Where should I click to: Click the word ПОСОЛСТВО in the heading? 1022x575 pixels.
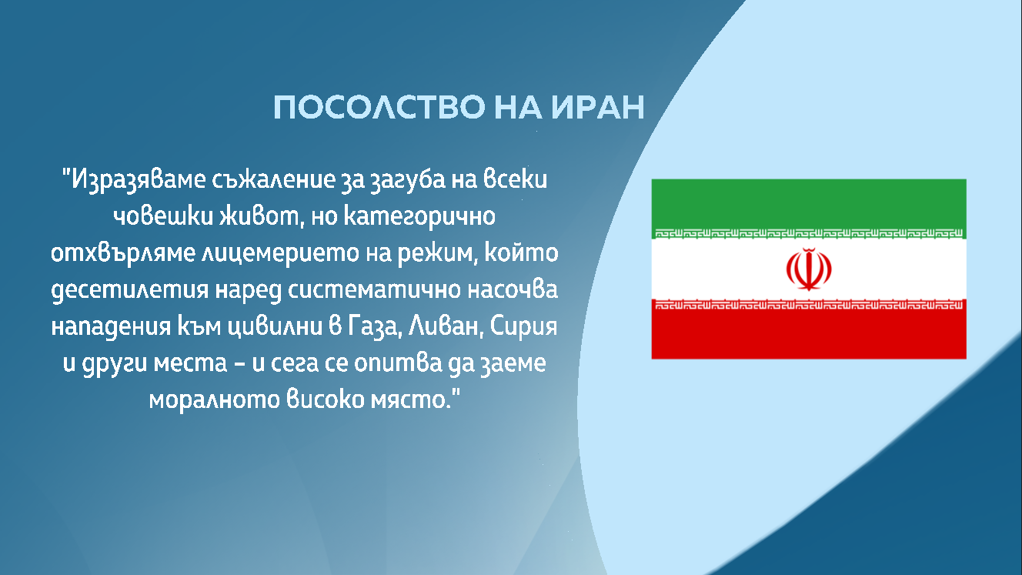pos(379,108)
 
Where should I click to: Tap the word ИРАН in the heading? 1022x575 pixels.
pos(598,108)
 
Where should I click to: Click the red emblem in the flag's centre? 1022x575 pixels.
pos(809,269)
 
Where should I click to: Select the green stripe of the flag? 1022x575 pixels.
pos(809,208)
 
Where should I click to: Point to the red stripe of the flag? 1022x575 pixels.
pos(809,329)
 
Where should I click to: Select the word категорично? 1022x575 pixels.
pos(419,217)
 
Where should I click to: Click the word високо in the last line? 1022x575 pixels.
pos(326,399)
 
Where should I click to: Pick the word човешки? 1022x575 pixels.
pos(163,216)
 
